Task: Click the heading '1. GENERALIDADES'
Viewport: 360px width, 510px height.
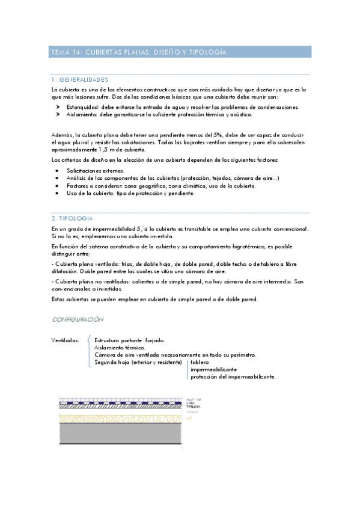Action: pos(79,79)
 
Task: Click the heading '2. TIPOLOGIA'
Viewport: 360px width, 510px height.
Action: pos(72,218)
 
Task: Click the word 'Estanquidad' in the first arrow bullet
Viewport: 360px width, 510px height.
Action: pos(82,107)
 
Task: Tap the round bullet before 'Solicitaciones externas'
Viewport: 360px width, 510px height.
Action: pos(56,171)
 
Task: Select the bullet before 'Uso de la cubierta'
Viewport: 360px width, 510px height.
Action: pos(56,193)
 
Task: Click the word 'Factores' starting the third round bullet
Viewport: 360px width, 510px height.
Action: pos(78,186)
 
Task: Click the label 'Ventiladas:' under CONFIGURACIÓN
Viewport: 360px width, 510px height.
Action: pos(66,340)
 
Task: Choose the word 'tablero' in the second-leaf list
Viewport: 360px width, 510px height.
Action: pos(200,363)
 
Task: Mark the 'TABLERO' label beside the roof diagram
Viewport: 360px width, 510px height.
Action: pos(192,407)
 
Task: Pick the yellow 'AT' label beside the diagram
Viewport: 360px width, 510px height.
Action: pos(189,417)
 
